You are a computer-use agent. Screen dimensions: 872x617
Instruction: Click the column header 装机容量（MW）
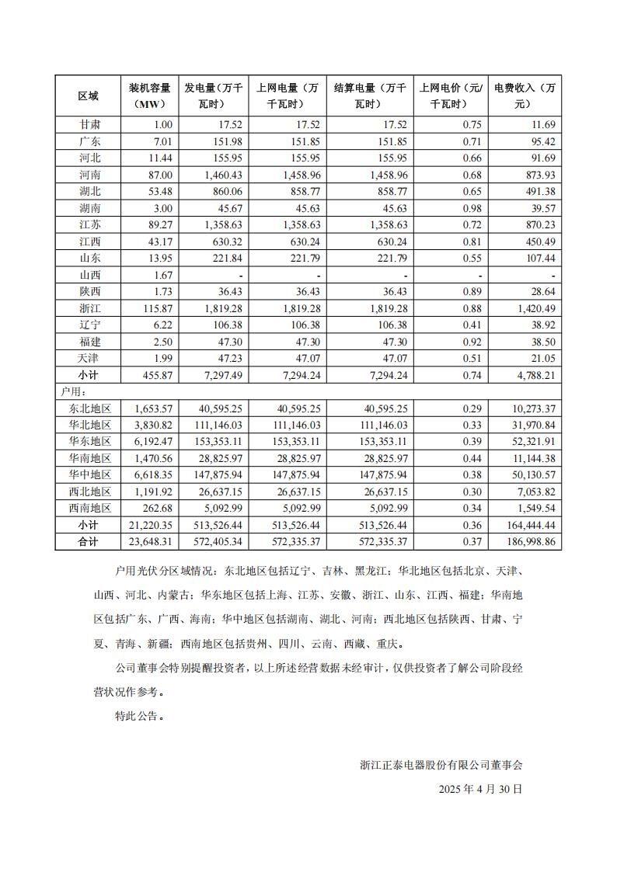click(x=149, y=96)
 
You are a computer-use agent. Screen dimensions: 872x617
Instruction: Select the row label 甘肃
click(x=89, y=125)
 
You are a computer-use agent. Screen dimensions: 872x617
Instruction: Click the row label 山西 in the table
click(x=89, y=275)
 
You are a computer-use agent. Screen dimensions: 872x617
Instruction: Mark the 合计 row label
click(x=89, y=542)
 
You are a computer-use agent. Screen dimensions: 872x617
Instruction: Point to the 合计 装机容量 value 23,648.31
click(x=153, y=542)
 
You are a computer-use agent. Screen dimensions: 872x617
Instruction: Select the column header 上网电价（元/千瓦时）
click(x=451, y=96)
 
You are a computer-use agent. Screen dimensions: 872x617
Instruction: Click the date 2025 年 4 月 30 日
click(x=480, y=788)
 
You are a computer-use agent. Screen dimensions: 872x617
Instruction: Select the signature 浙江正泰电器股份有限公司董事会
click(x=441, y=764)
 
